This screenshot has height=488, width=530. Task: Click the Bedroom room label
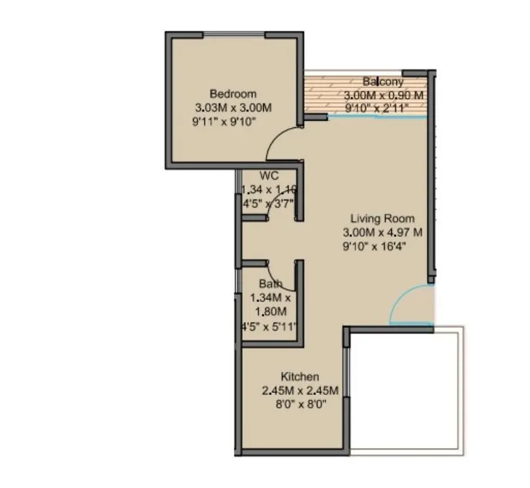click(233, 94)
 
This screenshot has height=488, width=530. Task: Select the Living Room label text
click(382, 218)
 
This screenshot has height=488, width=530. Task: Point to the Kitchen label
click(300, 377)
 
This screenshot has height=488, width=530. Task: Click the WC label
click(269, 176)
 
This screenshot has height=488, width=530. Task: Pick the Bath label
click(261, 284)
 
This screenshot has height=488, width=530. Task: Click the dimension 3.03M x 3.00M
click(233, 107)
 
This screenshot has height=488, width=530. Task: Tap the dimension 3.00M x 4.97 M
click(383, 233)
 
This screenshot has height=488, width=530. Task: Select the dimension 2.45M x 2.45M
click(300, 391)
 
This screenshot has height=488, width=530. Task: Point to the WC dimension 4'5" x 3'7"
click(268, 203)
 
